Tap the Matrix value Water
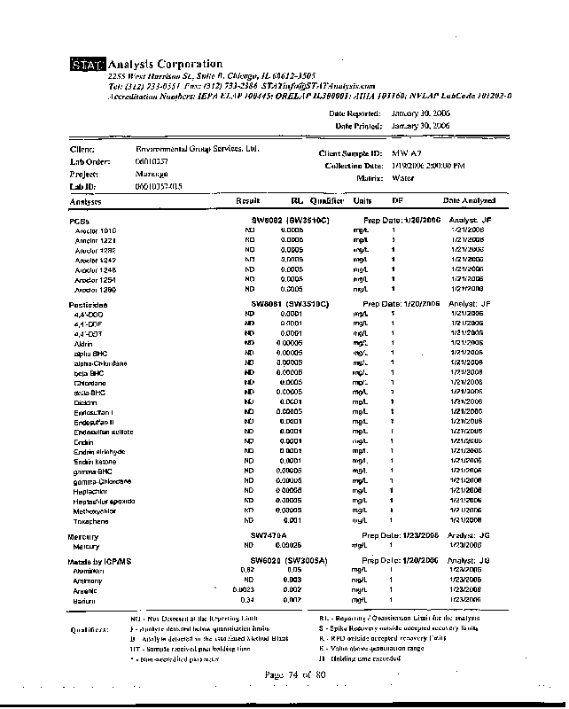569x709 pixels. pyautogui.click(x=402, y=178)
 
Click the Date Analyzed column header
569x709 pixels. pyautogui.click(x=469, y=201)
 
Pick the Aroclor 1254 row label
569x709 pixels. pyautogui.click(x=96, y=279)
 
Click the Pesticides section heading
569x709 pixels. pyautogui.click(x=88, y=305)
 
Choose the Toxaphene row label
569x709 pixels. pyautogui.click(x=91, y=521)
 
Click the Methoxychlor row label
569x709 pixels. pyautogui.click(x=96, y=511)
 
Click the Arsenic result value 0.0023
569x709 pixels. pyautogui.click(x=244, y=590)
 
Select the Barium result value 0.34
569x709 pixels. pyautogui.click(x=248, y=601)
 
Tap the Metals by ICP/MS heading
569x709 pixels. pyautogui.click(x=99, y=562)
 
